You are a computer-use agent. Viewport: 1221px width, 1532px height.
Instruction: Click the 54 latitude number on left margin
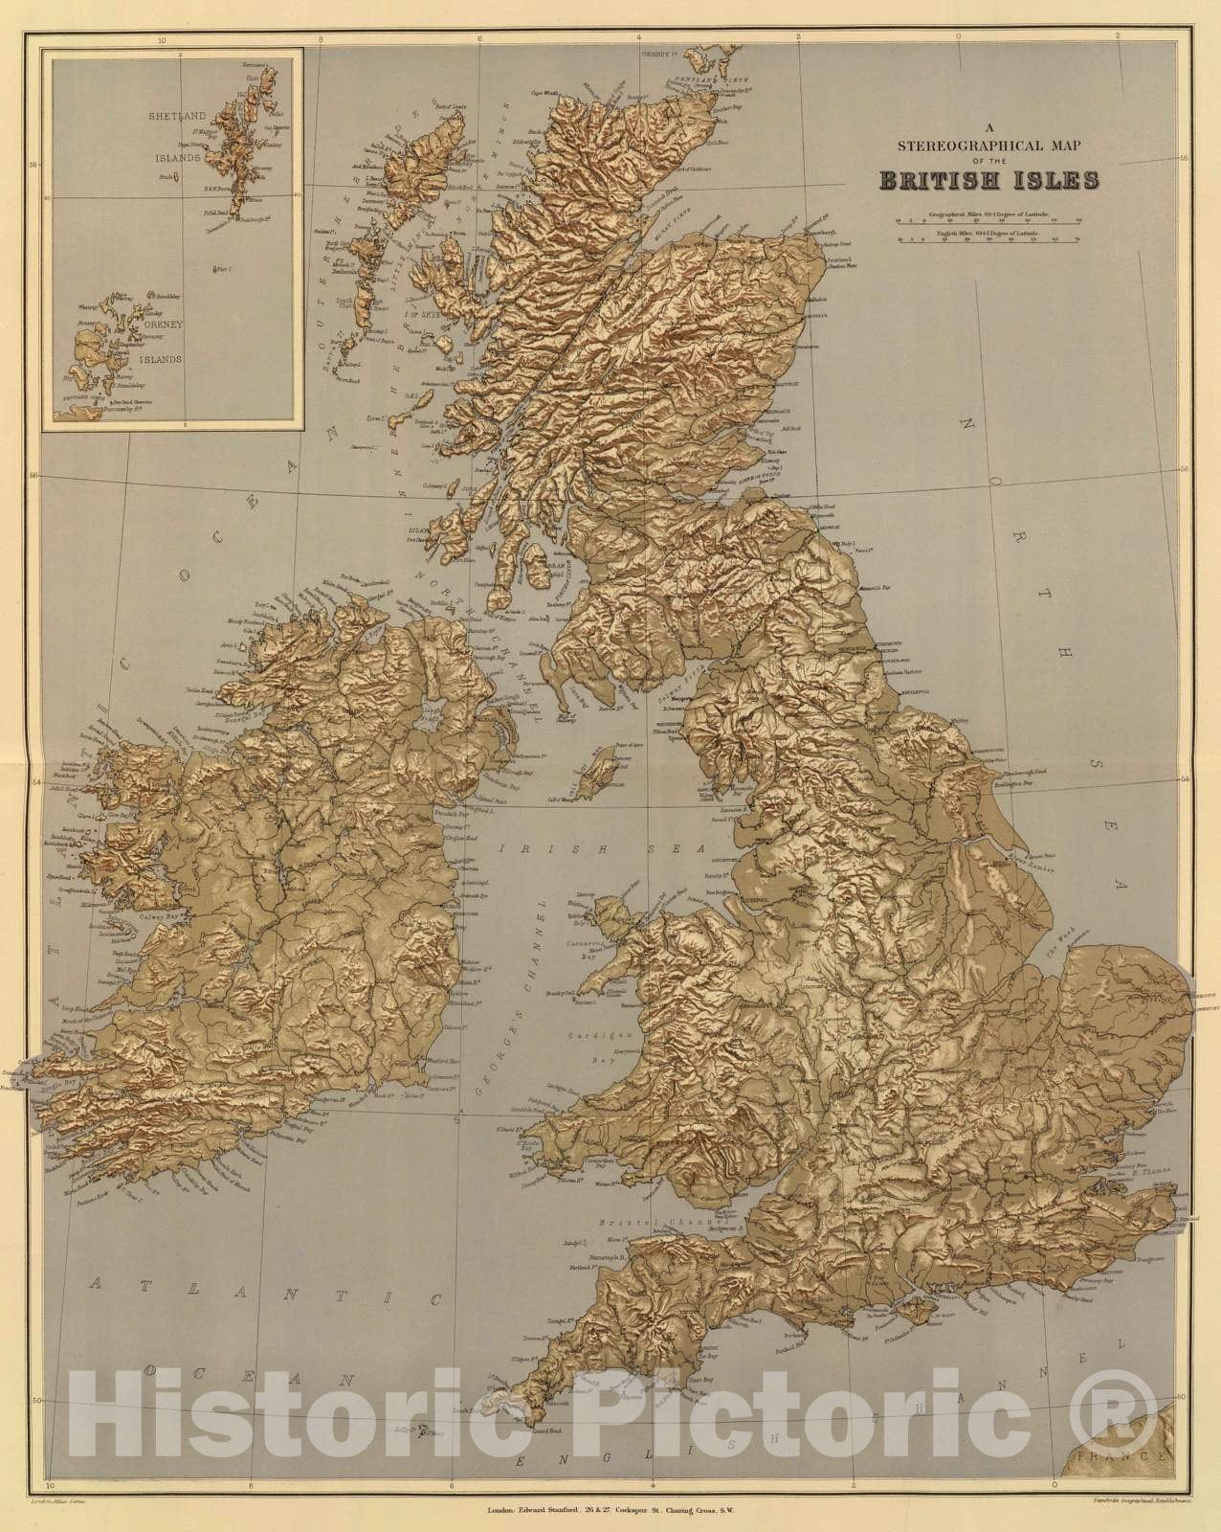[35, 784]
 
